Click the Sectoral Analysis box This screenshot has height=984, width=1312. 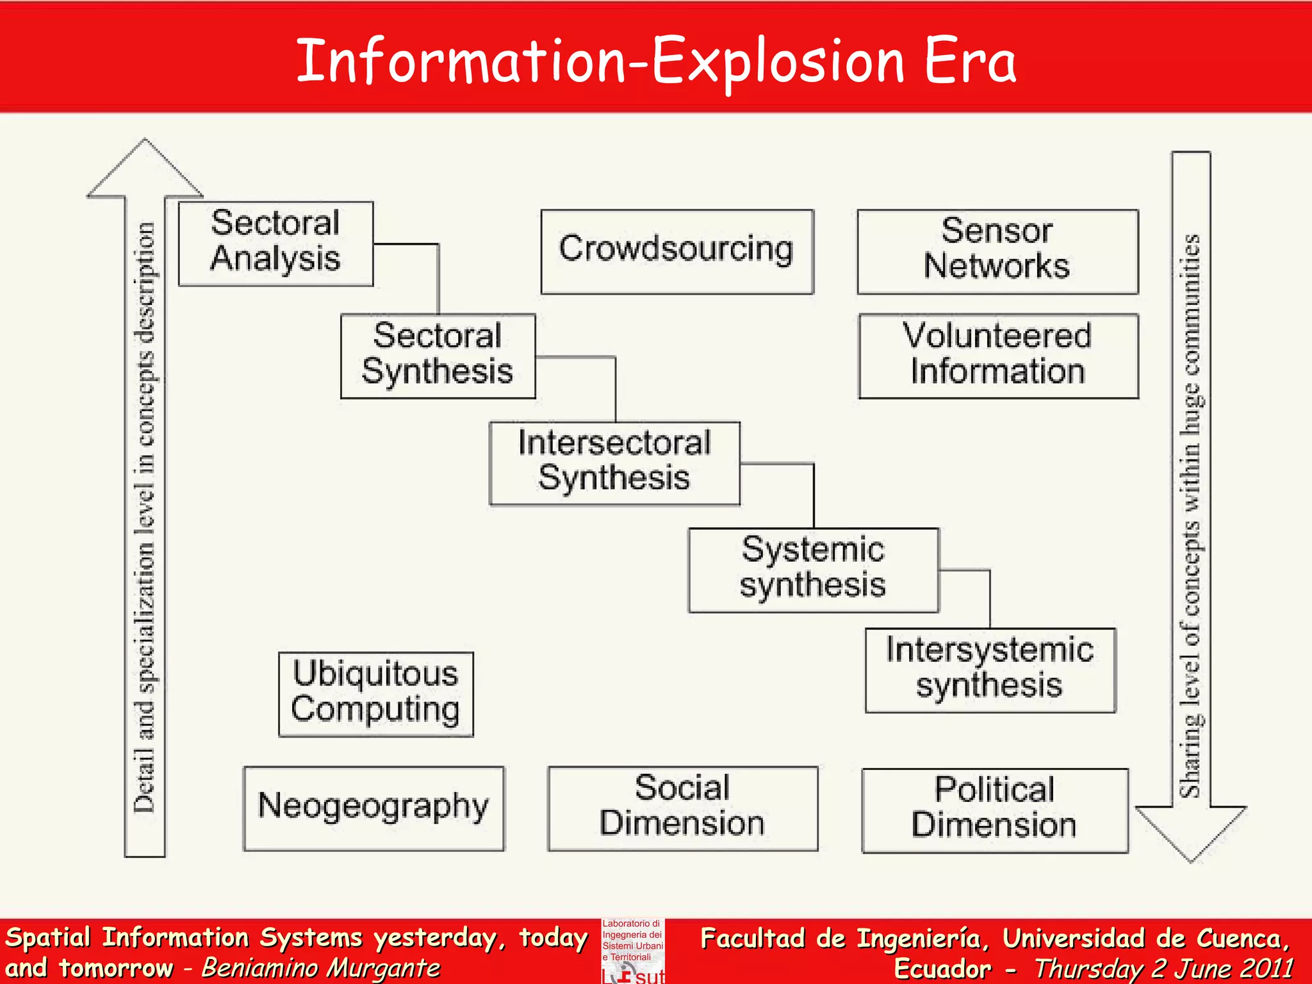tap(275, 243)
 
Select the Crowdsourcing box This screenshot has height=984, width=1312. tap(676, 251)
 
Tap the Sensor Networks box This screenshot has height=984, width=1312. tap(997, 251)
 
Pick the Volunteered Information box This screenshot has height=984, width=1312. tap(998, 356)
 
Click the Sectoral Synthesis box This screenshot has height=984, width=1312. tap(438, 356)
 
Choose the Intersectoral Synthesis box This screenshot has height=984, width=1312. tap(614, 463)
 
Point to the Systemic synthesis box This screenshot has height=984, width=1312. tap(813, 570)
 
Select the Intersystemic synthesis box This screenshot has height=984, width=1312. tap(990, 669)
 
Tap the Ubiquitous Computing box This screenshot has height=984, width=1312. tap(375, 694)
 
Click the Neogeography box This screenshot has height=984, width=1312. tap(373, 808)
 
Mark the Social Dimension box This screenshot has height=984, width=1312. tap(682, 808)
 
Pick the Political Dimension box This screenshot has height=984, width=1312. tap(994, 810)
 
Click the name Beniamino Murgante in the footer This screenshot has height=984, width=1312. tap(321, 968)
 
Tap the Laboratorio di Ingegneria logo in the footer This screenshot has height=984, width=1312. tap(632, 950)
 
